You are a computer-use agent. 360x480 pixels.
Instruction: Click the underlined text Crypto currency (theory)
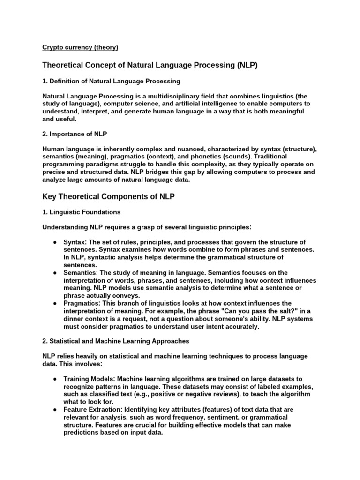[80, 47]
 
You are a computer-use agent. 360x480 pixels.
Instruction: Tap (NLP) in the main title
[247, 65]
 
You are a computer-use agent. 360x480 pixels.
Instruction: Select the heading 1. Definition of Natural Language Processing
[111, 81]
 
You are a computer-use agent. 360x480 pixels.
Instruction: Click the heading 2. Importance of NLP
[75, 134]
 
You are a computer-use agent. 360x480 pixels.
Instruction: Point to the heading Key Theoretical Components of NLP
[108, 196]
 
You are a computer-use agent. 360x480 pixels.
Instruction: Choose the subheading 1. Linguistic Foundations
[82, 212]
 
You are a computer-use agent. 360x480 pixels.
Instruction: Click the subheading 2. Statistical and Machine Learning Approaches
[115, 341]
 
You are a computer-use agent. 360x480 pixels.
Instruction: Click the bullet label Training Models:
[89, 379]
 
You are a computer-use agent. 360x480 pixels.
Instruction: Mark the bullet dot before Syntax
[55, 242]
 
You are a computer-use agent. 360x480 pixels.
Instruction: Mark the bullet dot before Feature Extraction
[55, 409]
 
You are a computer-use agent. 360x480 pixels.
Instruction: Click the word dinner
[75, 318]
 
